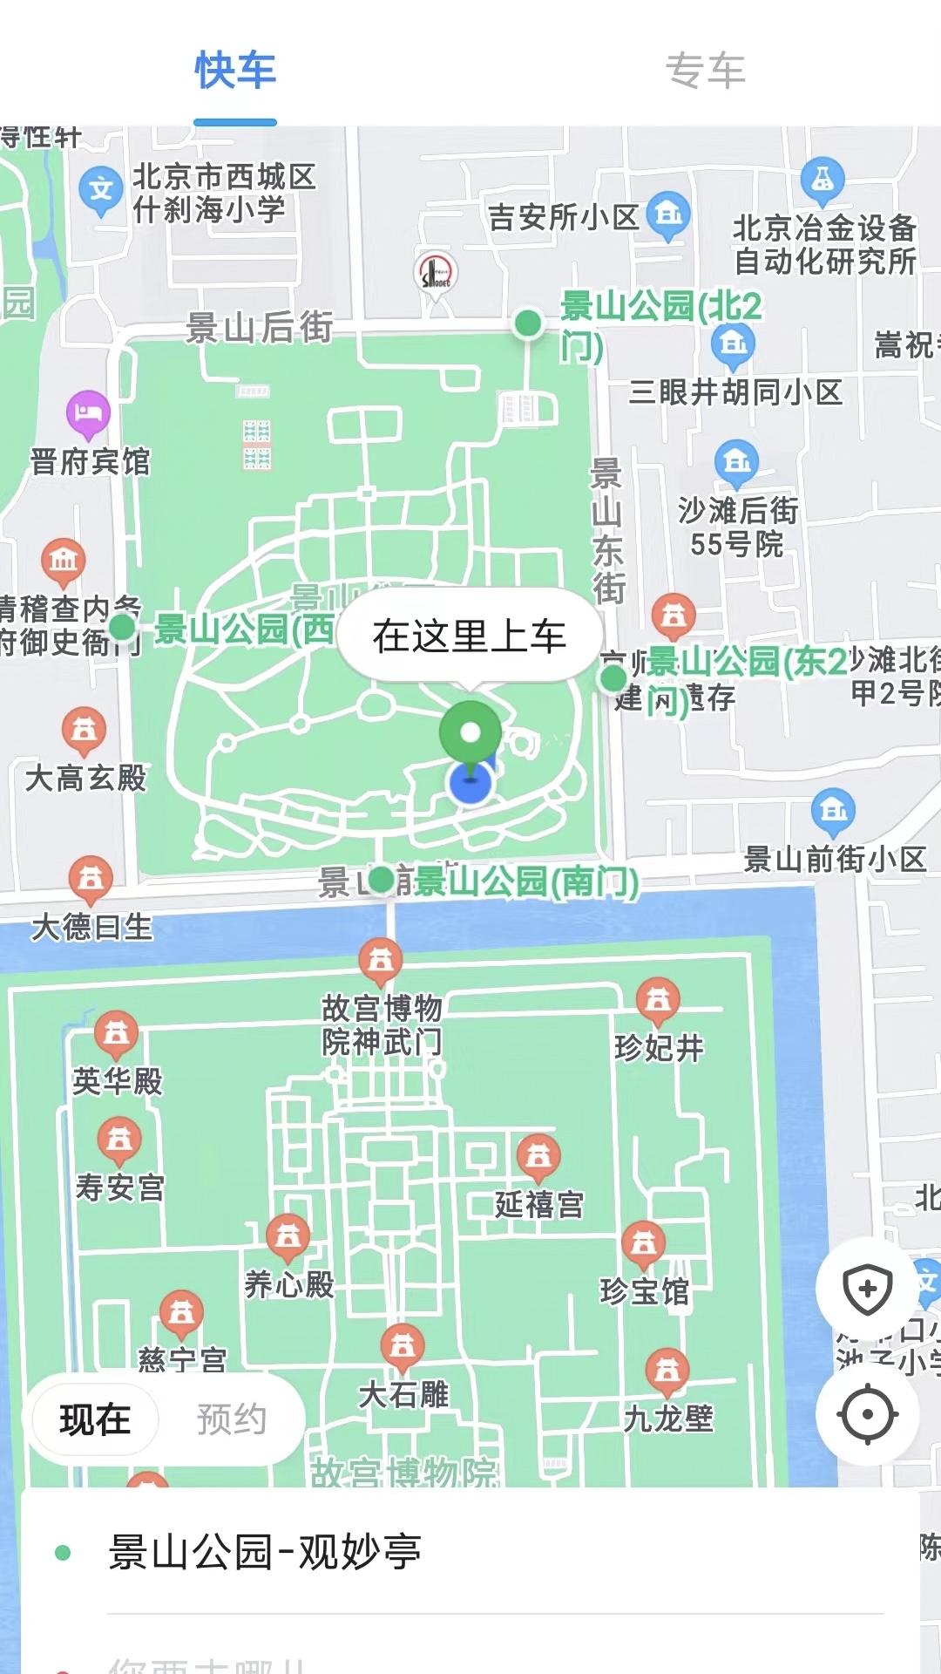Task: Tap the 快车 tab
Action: [235, 71]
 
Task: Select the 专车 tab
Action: [705, 71]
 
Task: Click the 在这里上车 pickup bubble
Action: [470, 636]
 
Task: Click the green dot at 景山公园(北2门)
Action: [528, 323]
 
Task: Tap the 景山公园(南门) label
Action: [525, 881]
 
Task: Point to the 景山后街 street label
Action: [259, 328]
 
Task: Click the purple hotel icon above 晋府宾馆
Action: [88, 412]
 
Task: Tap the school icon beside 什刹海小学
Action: [100, 189]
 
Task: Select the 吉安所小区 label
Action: [563, 217]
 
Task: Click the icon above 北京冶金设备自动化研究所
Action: [822, 179]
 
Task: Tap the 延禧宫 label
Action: [539, 1205]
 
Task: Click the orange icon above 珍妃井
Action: [658, 999]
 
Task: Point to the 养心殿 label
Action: [289, 1284]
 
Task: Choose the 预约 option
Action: [231, 1419]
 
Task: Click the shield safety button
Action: [868, 1289]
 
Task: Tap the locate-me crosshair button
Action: [868, 1414]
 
